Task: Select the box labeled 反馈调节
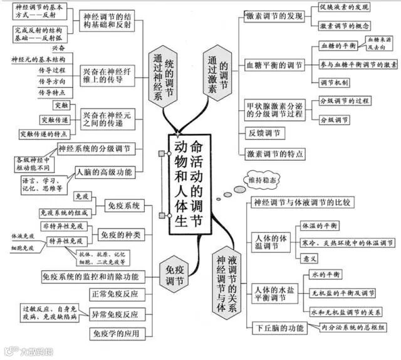266,133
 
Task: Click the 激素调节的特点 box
275,153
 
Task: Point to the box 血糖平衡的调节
274,65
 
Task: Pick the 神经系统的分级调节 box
95,148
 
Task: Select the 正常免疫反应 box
115,294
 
